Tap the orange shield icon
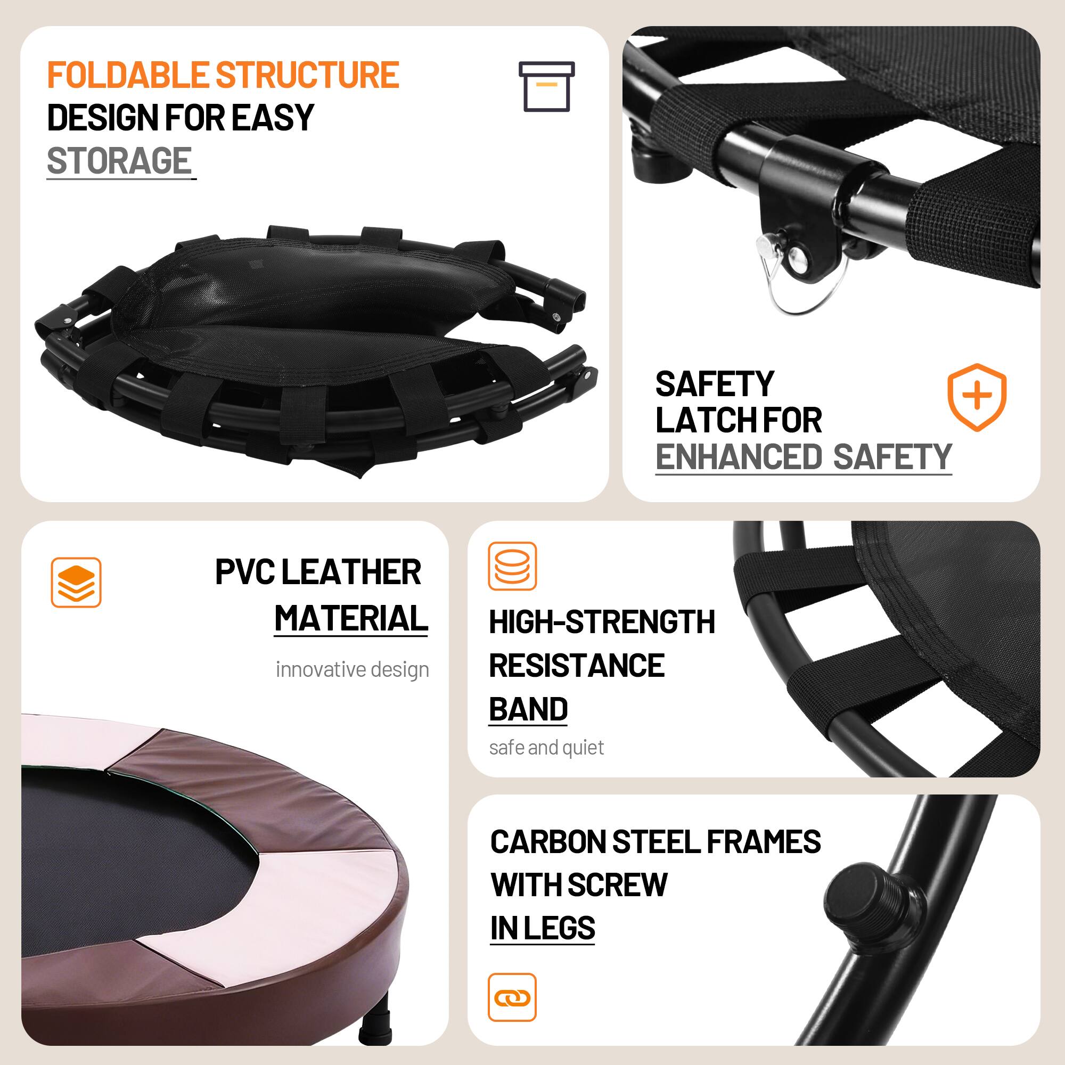pos(976,396)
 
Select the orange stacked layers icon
pos(76,582)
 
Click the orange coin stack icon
pos(512,566)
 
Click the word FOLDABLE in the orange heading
pos(127,75)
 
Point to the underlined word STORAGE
pos(119,161)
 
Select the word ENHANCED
pos(739,457)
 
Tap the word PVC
pos(245,572)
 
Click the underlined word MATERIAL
pos(351,618)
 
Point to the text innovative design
pos(352,670)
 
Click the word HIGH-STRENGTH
pos(601,622)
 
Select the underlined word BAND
pos(528,709)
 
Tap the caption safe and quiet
pos(546,748)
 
